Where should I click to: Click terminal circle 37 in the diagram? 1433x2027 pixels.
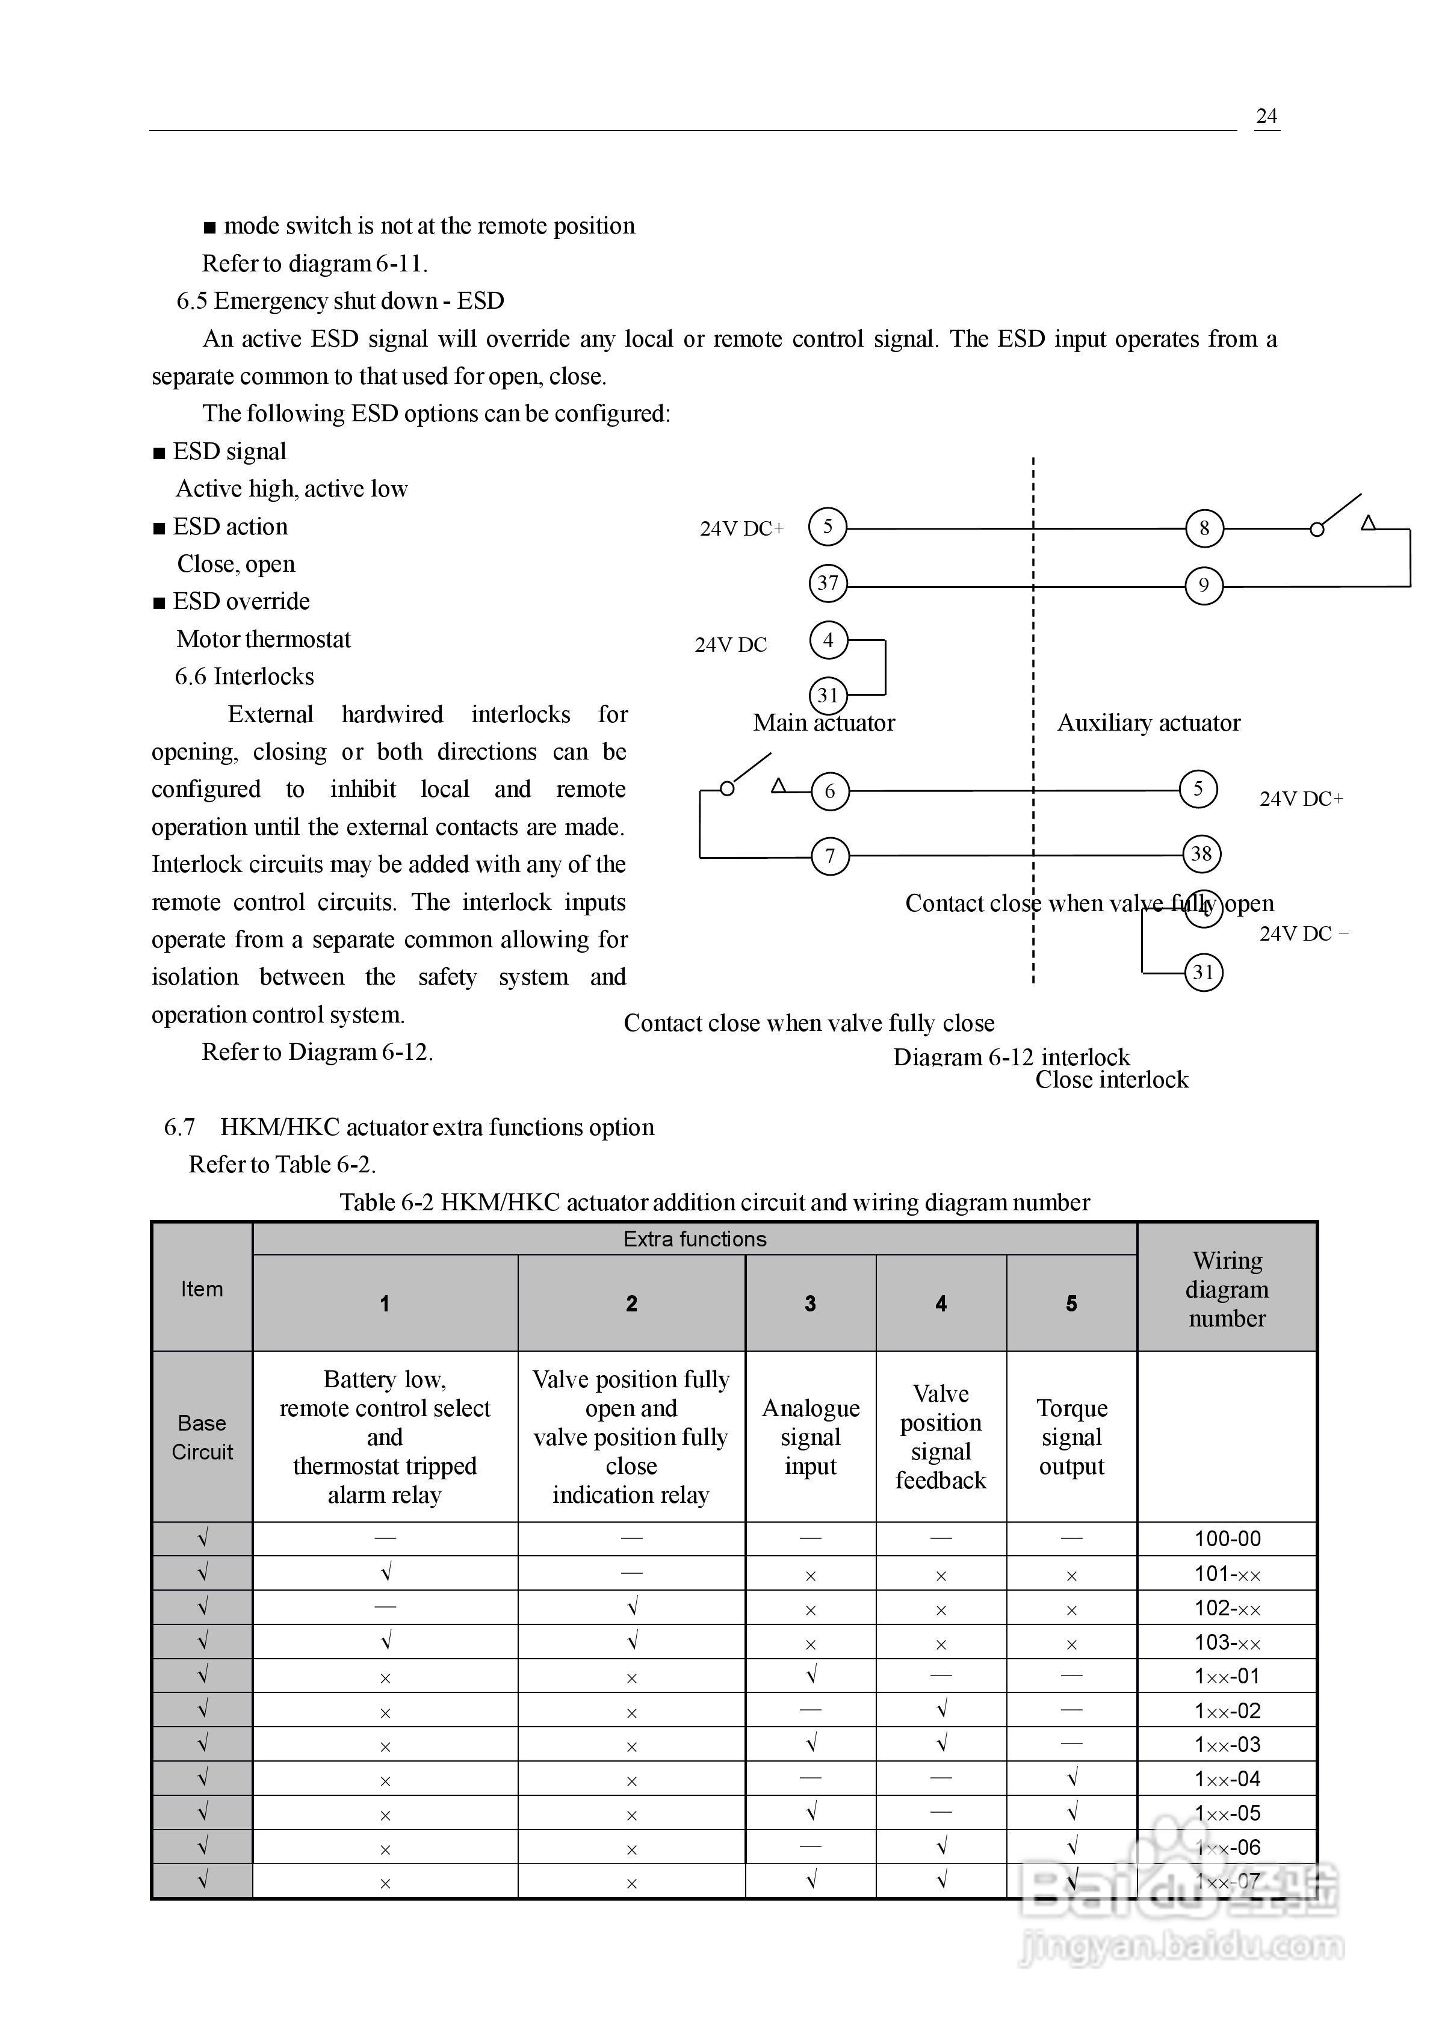point(828,584)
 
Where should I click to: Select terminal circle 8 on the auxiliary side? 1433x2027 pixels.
point(1204,529)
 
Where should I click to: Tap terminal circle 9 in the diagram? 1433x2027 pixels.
point(1204,586)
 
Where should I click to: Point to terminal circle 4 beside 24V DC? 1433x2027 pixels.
point(828,640)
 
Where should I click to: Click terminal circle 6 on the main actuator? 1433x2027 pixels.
point(829,791)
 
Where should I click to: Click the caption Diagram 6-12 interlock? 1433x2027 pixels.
point(1011,1057)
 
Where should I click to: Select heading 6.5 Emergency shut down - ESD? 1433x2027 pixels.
point(340,301)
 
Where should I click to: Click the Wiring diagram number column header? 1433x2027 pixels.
point(1227,1289)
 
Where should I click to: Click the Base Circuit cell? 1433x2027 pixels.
point(202,1437)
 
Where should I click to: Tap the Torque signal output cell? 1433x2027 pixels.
point(1071,1437)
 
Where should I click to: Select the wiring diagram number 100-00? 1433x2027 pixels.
point(1227,1539)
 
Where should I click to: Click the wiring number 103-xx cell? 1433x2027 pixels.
point(1227,1642)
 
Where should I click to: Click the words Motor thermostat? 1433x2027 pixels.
point(263,639)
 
